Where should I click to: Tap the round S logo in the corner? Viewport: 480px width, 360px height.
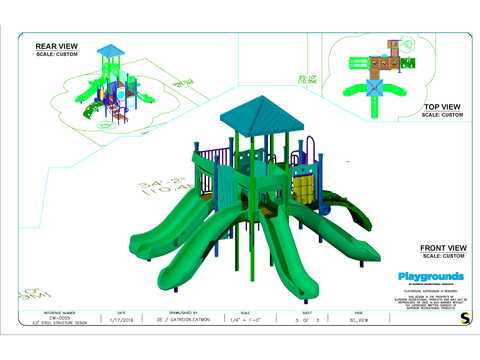464,317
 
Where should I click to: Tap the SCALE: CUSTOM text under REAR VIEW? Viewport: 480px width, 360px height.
61,54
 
